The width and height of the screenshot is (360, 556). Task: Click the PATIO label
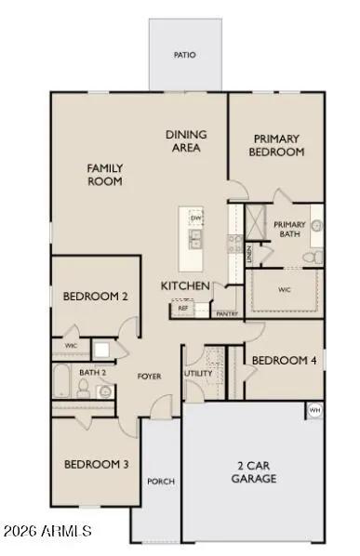coord(185,55)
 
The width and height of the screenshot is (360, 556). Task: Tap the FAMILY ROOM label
coord(105,175)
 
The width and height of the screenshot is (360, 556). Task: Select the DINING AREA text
coord(186,140)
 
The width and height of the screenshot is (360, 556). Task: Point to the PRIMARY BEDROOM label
coord(277,145)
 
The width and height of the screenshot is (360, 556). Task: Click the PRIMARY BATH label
coord(289,229)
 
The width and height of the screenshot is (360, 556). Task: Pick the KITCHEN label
coord(185,285)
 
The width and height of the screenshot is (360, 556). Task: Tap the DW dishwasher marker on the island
coord(195,219)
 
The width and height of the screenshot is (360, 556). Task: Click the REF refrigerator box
coord(183,307)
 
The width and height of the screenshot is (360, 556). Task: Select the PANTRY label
coord(226,314)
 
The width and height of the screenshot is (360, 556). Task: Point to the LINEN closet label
coord(251,256)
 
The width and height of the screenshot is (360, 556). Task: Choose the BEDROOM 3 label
coord(96,464)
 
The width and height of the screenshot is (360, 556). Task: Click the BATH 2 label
coord(91,372)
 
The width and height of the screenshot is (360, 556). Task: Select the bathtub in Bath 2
coord(63,382)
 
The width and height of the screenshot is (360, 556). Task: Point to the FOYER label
coord(151,377)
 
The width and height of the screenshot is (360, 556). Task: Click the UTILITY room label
coord(199,373)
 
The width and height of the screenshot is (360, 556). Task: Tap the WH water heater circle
coord(314,409)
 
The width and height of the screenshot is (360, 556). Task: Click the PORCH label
coord(160,482)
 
